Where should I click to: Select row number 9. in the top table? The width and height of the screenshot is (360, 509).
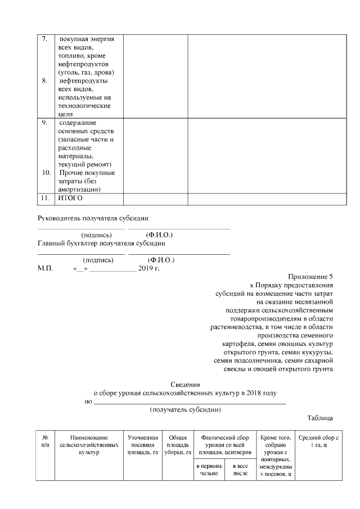(45, 123)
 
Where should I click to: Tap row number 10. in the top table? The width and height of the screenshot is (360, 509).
(46, 172)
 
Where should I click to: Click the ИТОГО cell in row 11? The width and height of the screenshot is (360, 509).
(70, 199)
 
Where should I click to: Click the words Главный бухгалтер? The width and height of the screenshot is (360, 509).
(67, 243)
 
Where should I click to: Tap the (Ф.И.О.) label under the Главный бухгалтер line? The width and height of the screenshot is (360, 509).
(161, 260)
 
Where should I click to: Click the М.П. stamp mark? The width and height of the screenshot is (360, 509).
(45, 269)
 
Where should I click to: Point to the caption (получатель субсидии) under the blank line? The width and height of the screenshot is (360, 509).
(185, 409)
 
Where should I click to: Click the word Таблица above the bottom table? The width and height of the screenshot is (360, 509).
(320, 418)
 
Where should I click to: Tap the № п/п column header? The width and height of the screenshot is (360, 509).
(46, 440)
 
